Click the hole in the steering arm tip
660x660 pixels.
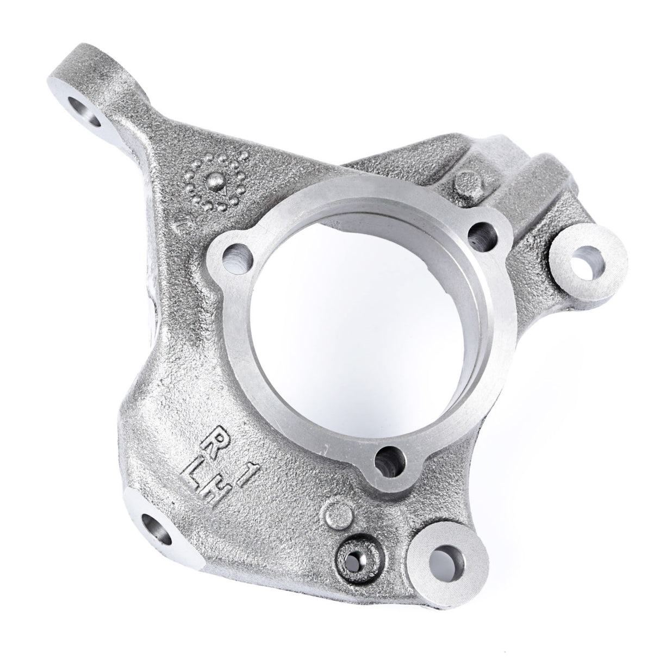[x=85, y=109]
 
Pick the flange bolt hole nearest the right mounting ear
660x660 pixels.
[x=480, y=235]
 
